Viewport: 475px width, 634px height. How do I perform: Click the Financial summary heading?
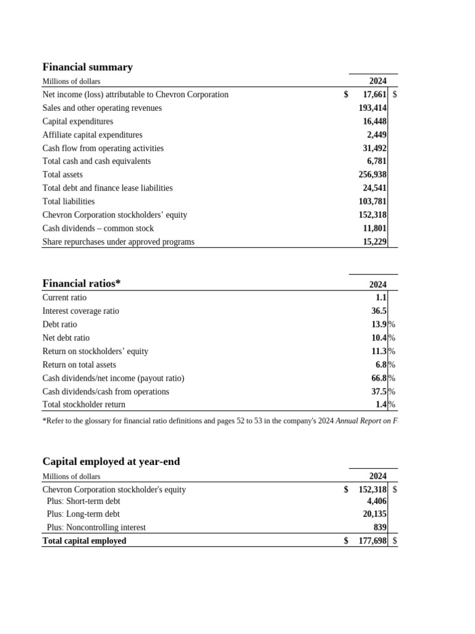[87, 67]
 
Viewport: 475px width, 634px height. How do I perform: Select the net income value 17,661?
[374, 95]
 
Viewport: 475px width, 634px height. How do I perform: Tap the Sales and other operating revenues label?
[102, 108]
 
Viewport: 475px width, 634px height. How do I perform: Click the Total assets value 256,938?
[372, 175]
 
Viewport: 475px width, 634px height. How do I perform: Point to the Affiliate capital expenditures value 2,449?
[377, 134]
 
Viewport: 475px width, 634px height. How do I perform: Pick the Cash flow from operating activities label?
[103, 148]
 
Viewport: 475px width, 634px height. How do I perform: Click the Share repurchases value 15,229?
[375, 241]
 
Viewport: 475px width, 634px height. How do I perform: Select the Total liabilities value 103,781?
[372, 201]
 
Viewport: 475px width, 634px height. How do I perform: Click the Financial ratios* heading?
[81, 283]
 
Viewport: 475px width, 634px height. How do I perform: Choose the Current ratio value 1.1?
[381, 297]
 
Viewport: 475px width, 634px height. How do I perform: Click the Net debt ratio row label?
[66, 337]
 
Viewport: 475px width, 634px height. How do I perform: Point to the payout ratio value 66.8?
[379, 378]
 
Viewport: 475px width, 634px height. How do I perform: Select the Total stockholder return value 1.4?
[381, 404]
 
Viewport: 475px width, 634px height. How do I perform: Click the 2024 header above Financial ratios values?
[377, 284]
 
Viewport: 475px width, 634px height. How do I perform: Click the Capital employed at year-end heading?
[111, 461]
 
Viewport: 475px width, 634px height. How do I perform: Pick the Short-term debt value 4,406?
[377, 501]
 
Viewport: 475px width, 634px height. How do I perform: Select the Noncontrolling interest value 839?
[379, 528]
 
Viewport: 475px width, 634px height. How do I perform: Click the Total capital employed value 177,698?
[372, 541]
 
